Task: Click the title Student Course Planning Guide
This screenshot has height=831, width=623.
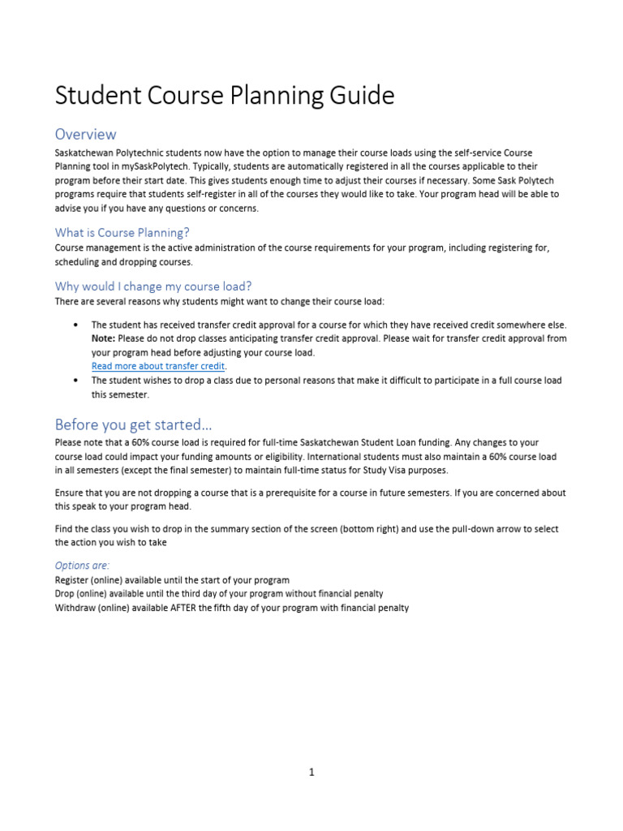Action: click(225, 96)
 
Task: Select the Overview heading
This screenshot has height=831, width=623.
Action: click(85, 134)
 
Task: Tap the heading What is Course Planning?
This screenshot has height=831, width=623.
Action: click(122, 232)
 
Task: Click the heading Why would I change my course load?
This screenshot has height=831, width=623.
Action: click(153, 286)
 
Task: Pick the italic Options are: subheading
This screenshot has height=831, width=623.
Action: click(82, 565)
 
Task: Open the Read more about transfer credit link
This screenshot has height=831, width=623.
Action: click(157, 367)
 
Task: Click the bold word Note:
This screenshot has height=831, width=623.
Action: click(103, 338)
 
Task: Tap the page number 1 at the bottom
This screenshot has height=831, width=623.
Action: click(311, 772)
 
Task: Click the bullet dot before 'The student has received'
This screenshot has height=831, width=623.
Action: click(75, 325)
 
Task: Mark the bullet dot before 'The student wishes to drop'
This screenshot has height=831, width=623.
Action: click(75, 381)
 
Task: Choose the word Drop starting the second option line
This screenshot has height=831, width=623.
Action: click(65, 594)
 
